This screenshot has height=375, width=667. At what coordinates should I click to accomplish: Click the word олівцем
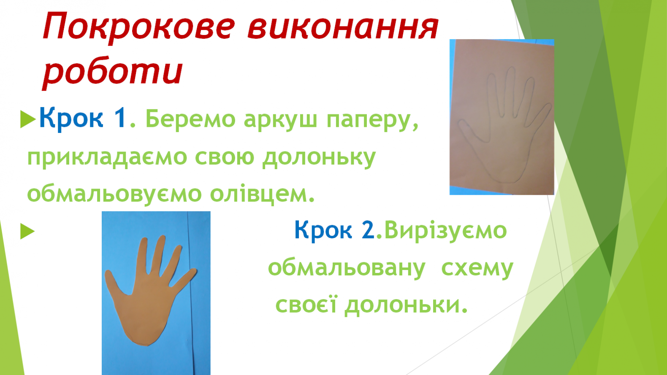click(x=262, y=193)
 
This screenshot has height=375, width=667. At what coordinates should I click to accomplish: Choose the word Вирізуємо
click(x=445, y=230)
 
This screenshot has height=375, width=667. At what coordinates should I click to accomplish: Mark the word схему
click(x=477, y=268)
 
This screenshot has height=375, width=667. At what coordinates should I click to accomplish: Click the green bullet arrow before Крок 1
click(x=28, y=119)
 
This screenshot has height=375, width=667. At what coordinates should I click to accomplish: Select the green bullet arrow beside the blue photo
click(x=27, y=231)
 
